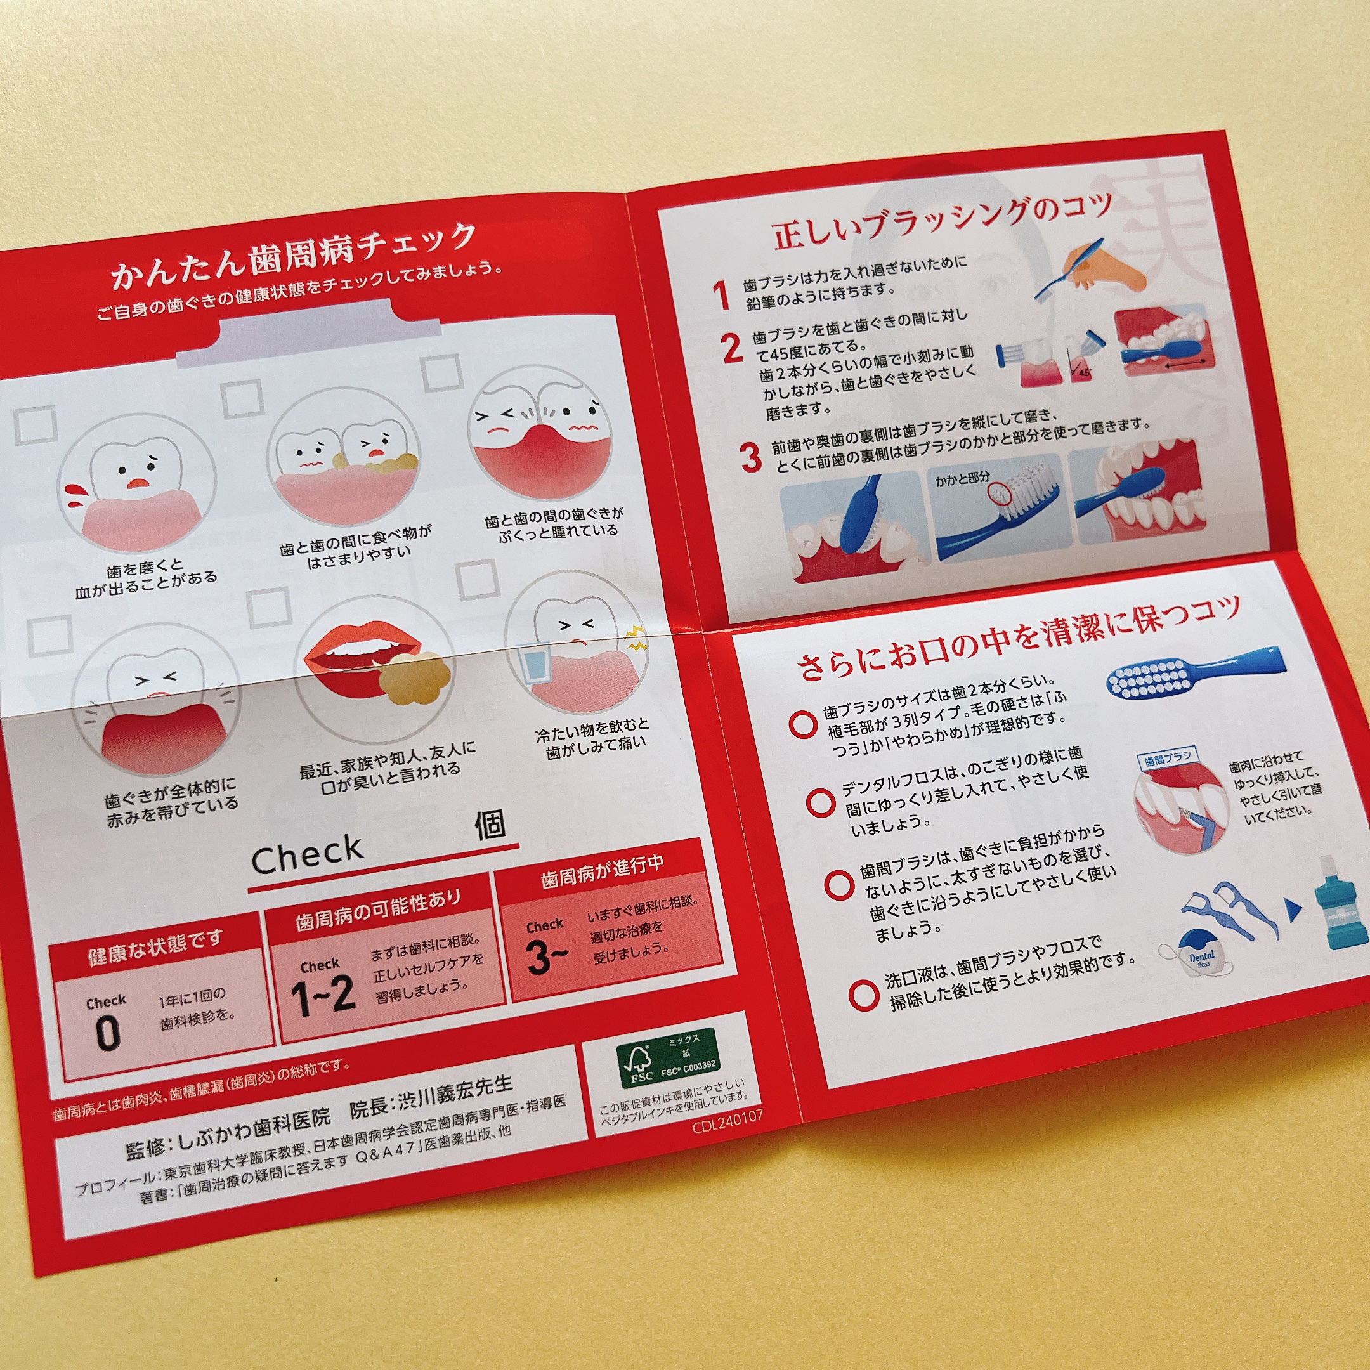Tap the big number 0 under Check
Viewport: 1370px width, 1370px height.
coord(107,1033)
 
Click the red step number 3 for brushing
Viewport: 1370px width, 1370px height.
coord(750,457)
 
